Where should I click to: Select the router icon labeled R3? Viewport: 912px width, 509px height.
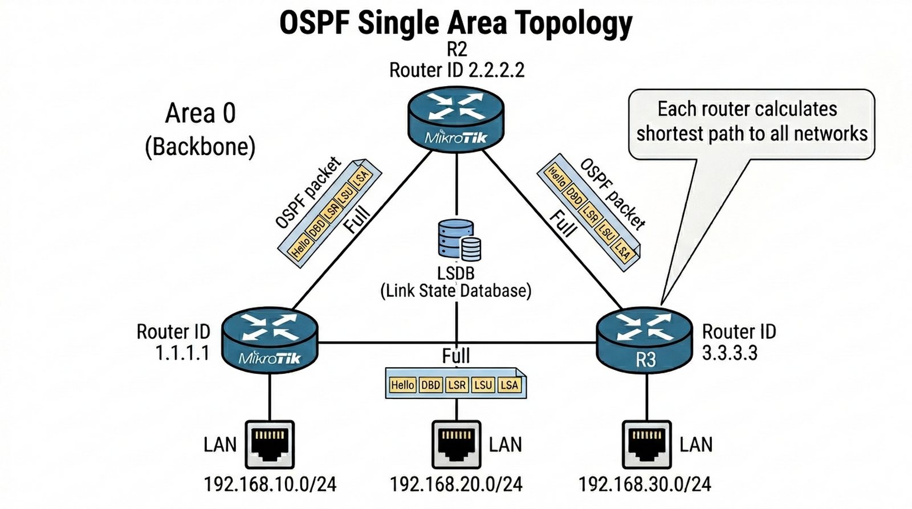tap(644, 339)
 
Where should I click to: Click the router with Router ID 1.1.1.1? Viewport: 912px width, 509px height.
tap(270, 340)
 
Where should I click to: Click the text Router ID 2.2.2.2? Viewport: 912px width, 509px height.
tap(457, 71)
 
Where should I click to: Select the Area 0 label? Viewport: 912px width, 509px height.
tap(200, 113)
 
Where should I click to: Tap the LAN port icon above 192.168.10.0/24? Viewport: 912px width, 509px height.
tap(270, 444)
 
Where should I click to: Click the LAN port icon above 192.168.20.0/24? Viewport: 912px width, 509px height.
tap(456, 444)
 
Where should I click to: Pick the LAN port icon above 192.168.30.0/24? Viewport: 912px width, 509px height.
tap(646, 444)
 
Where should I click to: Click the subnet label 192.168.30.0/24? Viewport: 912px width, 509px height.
tap(645, 484)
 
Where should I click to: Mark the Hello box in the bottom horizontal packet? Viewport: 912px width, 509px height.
tap(402, 385)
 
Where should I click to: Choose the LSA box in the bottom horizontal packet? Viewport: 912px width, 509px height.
tap(509, 385)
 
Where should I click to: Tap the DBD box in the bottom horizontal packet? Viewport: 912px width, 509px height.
tap(430, 385)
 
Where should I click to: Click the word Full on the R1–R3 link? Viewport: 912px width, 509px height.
tap(456, 356)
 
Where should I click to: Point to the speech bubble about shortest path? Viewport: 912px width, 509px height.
tap(751, 123)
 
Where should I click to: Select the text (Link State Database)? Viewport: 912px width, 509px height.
tap(456, 291)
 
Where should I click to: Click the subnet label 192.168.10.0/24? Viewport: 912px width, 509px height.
tap(270, 484)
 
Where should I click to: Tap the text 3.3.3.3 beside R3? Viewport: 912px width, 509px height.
tap(730, 353)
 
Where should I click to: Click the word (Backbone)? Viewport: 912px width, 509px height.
tap(200, 147)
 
